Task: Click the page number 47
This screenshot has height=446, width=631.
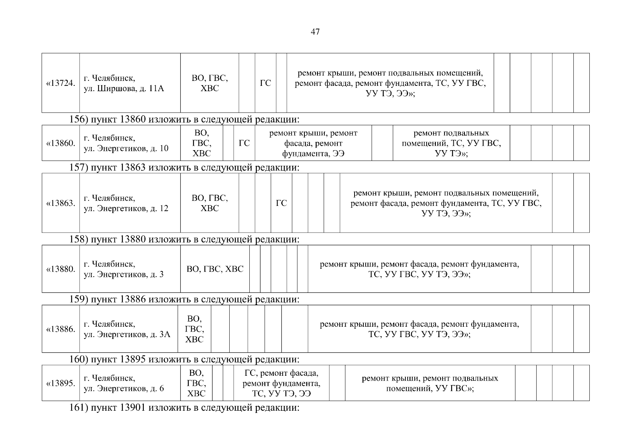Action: pyautogui.click(x=315, y=32)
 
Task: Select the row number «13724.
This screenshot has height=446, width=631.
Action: pyautogui.click(x=61, y=83)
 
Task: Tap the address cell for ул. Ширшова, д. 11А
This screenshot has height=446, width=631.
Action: pyautogui.click(x=124, y=84)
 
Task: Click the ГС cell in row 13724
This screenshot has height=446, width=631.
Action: pyautogui.click(x=265, y=83)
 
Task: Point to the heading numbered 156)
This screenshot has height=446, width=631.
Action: pyautogui.click(x=184, y=119)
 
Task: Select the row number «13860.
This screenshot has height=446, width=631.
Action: pyautogui.click(x=61, y=143)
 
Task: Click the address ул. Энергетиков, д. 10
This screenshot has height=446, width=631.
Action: pyautogui.click(x=126, y=143)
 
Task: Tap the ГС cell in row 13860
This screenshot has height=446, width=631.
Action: pyautogui.click(x=244, y=143)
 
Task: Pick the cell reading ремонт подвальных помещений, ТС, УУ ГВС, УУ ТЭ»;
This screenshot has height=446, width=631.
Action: pyautogui.click(x=451, y=143)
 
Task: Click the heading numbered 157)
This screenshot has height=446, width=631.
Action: pyautogui.click(x=184, y=168)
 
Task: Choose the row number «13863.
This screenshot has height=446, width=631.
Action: pyautogui.click(x=61, y=203)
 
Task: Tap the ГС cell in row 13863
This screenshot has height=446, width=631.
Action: pyautogui.click(x=281, y=203)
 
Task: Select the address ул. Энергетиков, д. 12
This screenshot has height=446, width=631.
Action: pyautogui.click(x=126, y=203)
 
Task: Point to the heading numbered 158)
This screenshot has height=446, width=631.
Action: pyautogui.click(x=184, y=239)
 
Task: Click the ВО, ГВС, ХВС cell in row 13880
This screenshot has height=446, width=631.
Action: pyautogui.click(x=215, y=269)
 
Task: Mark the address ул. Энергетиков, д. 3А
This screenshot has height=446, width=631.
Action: pyautogui.click(x=127, y=329)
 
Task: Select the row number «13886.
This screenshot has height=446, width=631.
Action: pyautogui.click(x=61, y=329)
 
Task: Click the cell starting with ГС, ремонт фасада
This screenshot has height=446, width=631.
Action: pyautogui.click(x=281, y=383)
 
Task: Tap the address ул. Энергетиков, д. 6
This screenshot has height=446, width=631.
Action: pyautogui.click(x=124, y=383)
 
